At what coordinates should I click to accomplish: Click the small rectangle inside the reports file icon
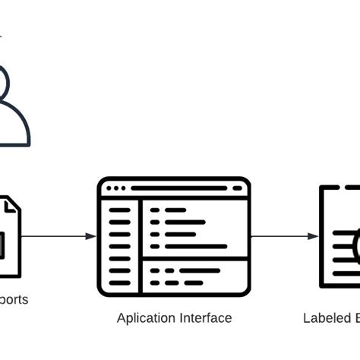[3, 245]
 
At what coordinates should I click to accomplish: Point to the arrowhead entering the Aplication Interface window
[91, 236]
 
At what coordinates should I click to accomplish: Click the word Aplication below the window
[145, 318]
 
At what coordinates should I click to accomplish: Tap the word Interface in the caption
[205, 318]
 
